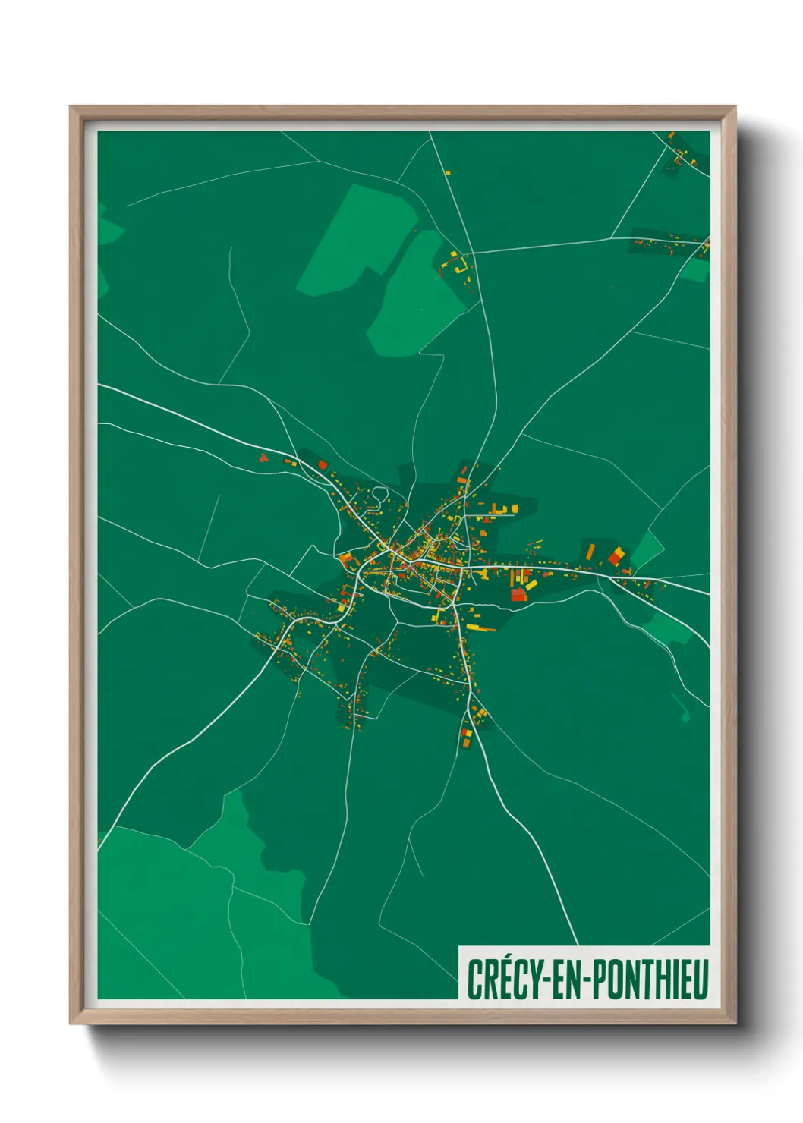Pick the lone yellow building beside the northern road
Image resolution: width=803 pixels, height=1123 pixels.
448,173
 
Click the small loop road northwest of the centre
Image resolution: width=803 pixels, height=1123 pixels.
379,495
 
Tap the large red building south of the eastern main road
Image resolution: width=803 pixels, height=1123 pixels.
518,594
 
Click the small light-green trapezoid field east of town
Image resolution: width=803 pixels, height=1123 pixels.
647,549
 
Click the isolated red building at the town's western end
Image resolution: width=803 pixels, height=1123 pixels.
263,458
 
